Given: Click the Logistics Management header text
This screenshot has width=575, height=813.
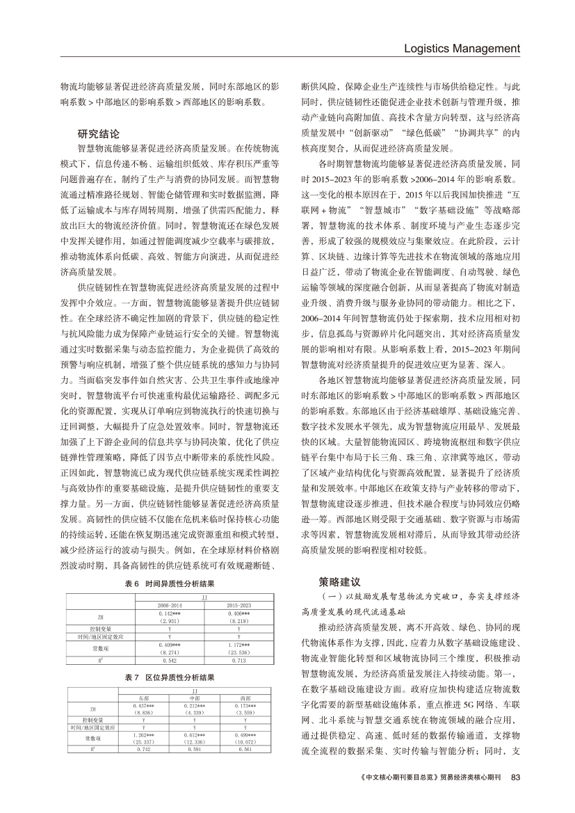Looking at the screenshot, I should [x=462, y=49].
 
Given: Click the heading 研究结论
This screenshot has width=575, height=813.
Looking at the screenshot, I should [x=99, y=133].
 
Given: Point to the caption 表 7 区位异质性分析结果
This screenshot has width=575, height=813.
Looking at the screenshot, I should [x=170, y=676].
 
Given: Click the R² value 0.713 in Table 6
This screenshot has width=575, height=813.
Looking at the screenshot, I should [x=238, y=660].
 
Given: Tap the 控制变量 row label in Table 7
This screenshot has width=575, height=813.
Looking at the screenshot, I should [x=92, y=720].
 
